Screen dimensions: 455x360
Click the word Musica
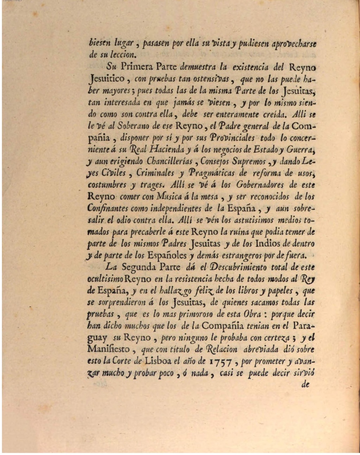coord(170,197)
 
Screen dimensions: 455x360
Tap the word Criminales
coord(155,173)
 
